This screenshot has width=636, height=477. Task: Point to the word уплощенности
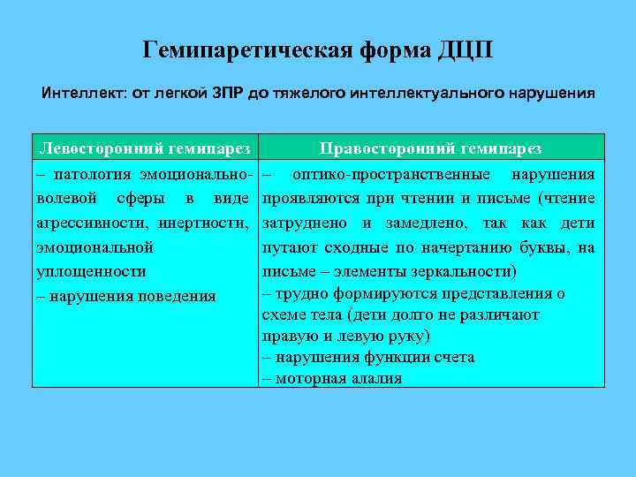[x=91, y=271]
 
